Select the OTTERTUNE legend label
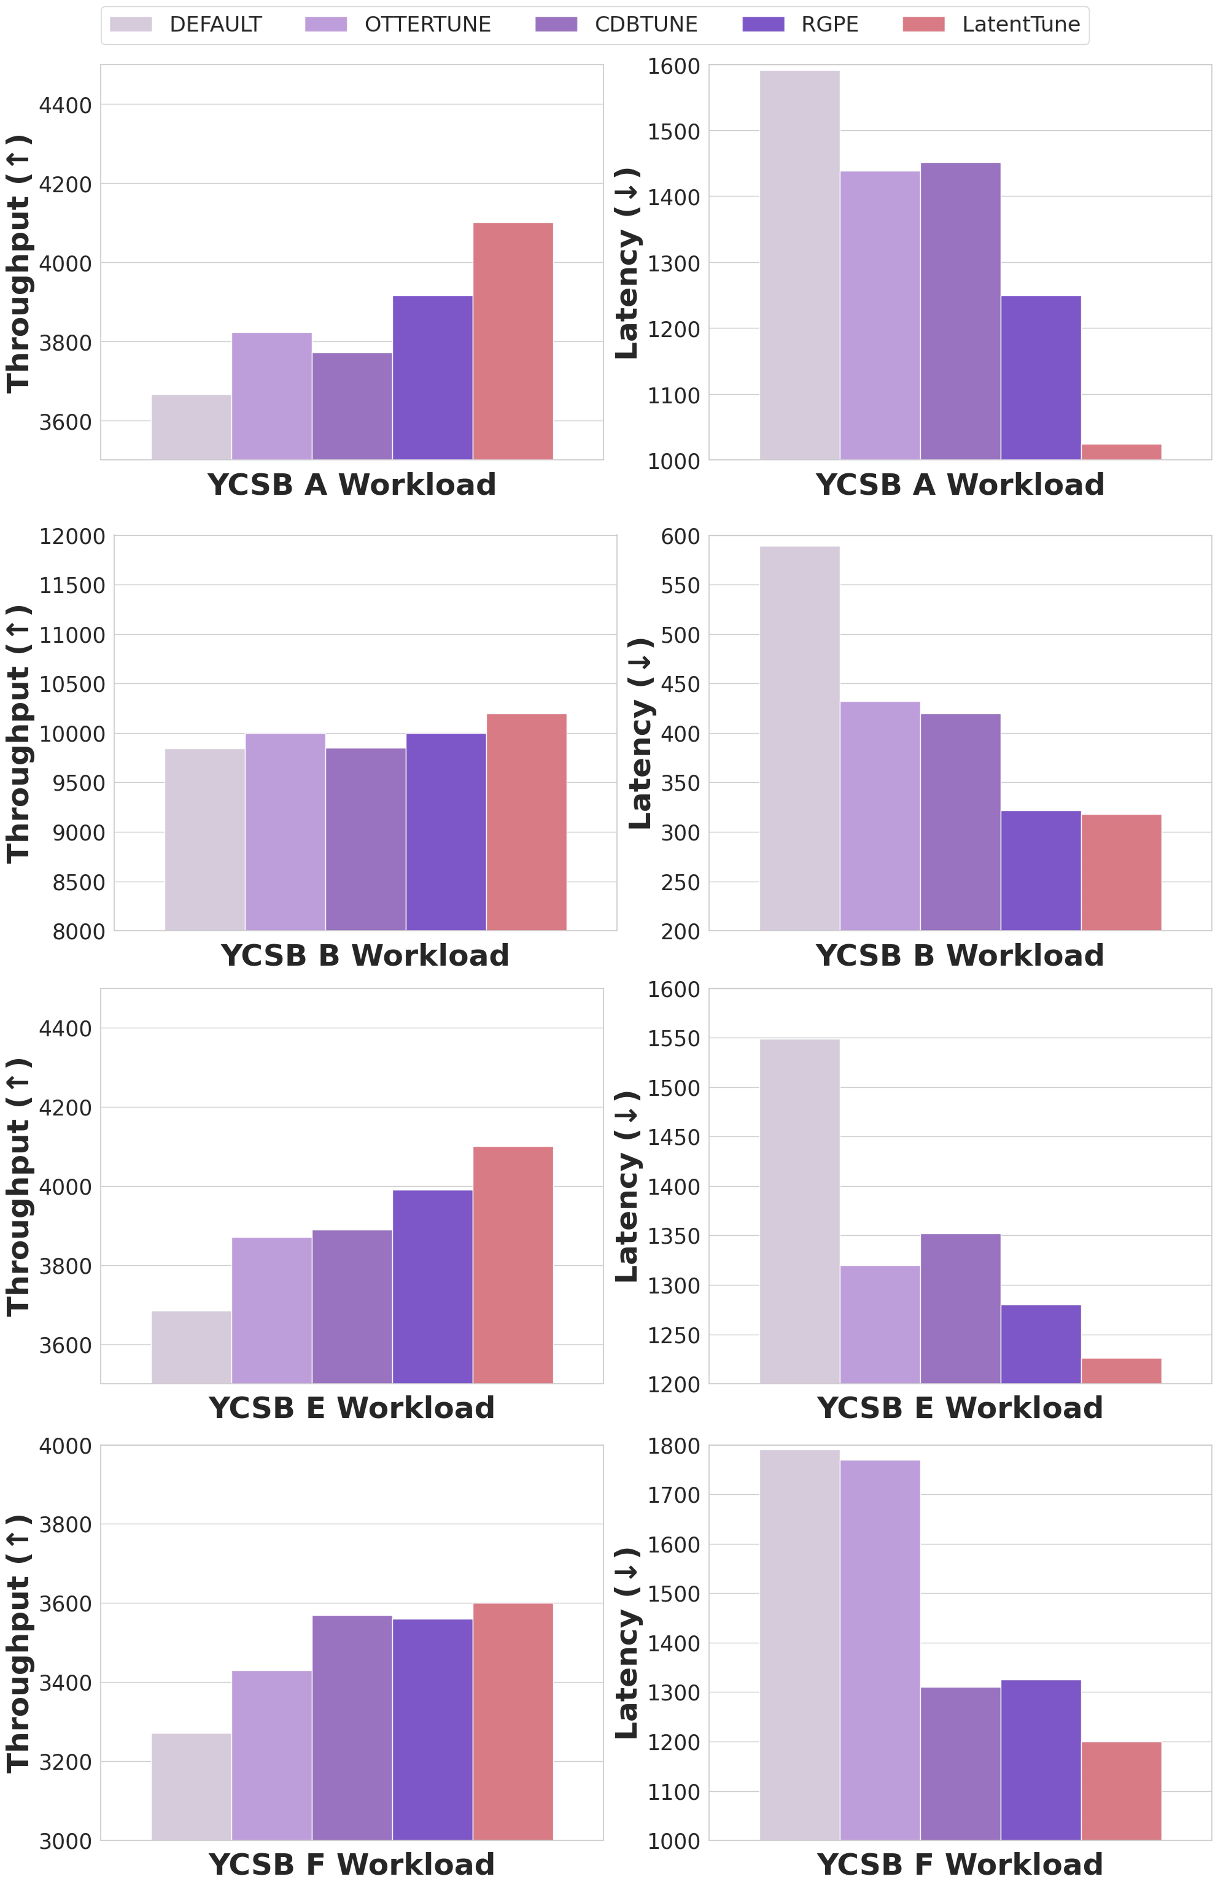(x=427, y=25)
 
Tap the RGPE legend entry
(x=829, y=25)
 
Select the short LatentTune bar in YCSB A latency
(x=1121, y=451)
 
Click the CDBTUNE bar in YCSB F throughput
(x=352, y=1728)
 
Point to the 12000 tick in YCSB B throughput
(x=72, y=537)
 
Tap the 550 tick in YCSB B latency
(x=680, y=586)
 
